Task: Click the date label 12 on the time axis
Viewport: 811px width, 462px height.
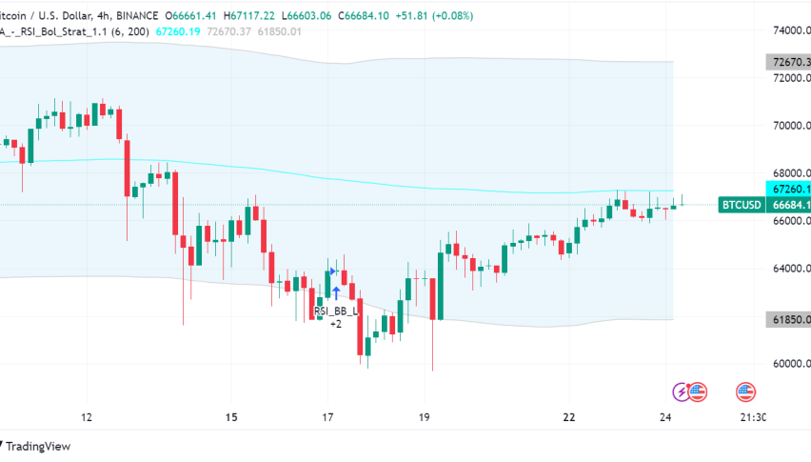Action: (x=87, y=417)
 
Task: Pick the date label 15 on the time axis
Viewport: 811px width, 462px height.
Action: (x=231, y=417)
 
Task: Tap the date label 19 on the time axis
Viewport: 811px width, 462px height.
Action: (x=425, y=417)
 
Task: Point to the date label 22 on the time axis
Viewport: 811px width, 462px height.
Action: (x=569, y=417)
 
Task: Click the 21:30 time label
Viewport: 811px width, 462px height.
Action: (x=753, y=417)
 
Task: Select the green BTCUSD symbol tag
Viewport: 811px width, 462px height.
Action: (x=742, y=205)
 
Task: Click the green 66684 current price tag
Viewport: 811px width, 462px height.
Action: (x=791, y=205)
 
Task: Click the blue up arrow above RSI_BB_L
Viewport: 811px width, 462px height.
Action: (x=336, y=292)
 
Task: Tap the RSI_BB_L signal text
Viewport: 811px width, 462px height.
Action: (x=336, y=311)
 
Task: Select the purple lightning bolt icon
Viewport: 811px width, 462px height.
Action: (x=682, y=391)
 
